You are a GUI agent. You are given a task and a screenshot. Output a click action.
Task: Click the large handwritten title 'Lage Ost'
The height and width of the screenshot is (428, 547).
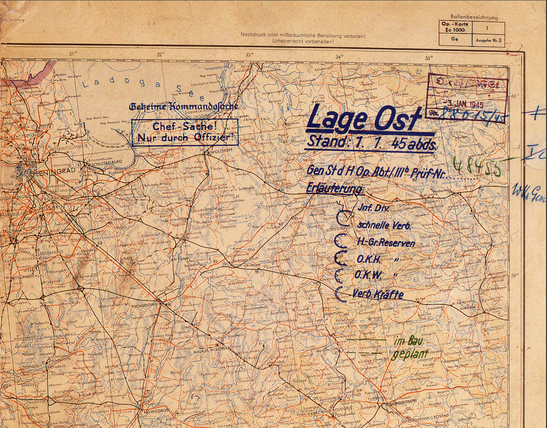(364, 119)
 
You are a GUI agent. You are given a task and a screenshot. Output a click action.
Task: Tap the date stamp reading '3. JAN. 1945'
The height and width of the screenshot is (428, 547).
(464, 104)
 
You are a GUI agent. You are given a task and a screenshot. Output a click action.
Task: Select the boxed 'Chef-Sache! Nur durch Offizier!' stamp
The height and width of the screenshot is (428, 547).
(185, 132)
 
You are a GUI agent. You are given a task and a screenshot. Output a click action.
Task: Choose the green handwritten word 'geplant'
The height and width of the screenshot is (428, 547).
(410, 354)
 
